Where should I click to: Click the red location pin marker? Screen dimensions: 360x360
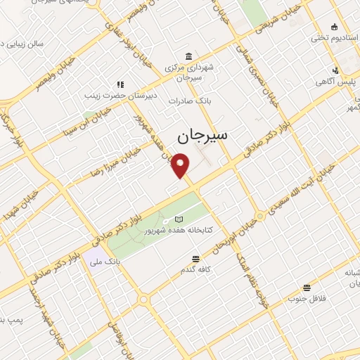(181, 165)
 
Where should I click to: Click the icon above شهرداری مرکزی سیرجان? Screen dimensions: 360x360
(187, 56)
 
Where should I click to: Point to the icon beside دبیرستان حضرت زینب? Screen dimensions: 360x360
(120, 84)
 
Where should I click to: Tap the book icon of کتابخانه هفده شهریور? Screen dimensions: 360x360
(178, 219)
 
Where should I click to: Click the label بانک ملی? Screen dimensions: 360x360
(105, 261)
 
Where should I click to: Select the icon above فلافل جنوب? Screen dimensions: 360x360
(307, 288)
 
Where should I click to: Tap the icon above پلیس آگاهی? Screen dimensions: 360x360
(336, 70)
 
